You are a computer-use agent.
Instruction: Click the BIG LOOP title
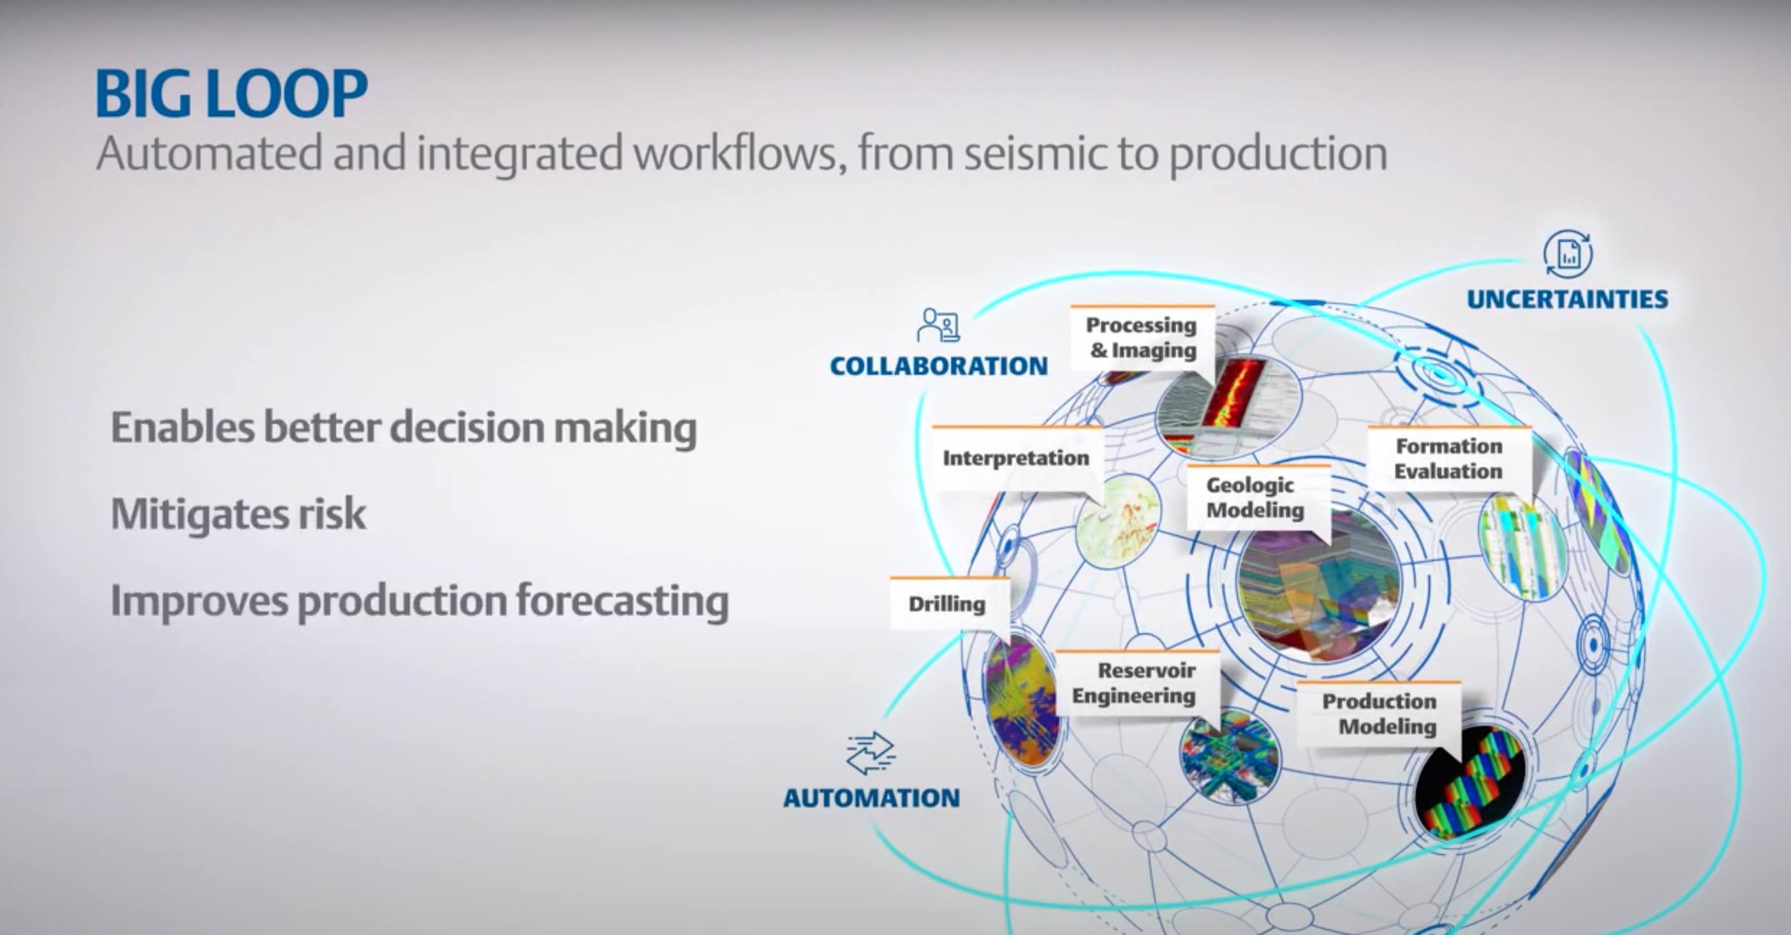pyautogui.click(x=231, y=93)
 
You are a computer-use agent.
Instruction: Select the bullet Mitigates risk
pyautogui.click(x=239, y=514)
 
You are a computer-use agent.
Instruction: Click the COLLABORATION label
pyautogui.click(x=938, y=366)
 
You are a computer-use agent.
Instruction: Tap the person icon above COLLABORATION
pyautogui.click(x=938, y=324)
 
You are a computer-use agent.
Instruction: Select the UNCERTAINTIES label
pyautogui.click(x=1567, y=299)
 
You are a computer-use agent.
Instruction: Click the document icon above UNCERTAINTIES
pyautogui.click(x=1568, y=254)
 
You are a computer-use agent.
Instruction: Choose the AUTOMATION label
pyautogui.click(x=871, y=798)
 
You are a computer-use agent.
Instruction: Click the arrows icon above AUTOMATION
pyautogui.click(x=870, y=753)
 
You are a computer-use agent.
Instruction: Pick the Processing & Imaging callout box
pyautogui.click(x=1142, y=338)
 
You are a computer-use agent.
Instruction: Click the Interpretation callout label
pyautogui.click(x=1016, y=458)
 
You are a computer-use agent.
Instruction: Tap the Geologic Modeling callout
pyautogui.click(x=1255, y=498)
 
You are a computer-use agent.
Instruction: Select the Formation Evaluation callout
pyautogui.click(x=1448, y=459)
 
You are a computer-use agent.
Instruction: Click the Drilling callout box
pyautogui.click(x=947, y=604)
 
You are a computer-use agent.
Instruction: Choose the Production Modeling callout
pyautogui.click(x=1379, y=714)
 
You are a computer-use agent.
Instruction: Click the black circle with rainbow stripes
pyautogui.click(x=1469, y=780)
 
